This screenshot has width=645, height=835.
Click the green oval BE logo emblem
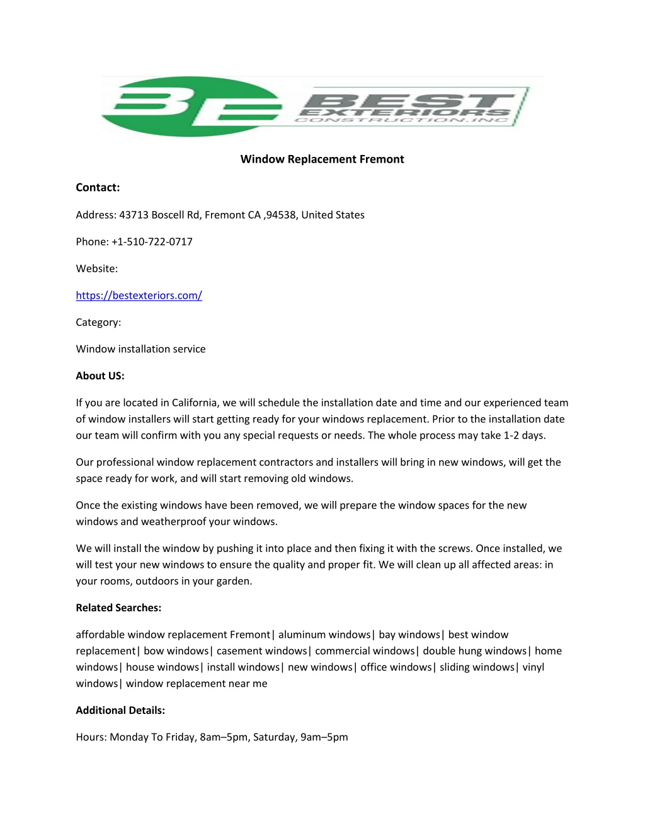(x=189, y=106)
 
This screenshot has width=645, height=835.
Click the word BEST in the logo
(x=409, y=101)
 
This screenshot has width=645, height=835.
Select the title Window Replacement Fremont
(x=322, y=159)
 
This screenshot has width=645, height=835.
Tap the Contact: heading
(x=98, y=187)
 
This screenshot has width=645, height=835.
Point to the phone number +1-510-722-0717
(x=152, y=242)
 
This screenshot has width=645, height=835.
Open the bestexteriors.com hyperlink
(x=139, y=296)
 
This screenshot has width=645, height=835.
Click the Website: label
(x=96, y=268)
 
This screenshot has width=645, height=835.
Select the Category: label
(x=98, y=322)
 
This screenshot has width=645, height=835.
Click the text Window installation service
(x=140, y=349)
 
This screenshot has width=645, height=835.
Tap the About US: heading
(x=100, y=376)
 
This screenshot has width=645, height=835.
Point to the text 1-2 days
(x=525, y=435)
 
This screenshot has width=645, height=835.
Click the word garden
(x=235, y=581)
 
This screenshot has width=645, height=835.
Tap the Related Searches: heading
(x=118, y=608)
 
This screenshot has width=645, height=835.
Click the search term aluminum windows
(x=324, y=635)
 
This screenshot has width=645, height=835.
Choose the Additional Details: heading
(x=120, y=710)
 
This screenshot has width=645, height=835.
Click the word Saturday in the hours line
(x=273, y=737)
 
